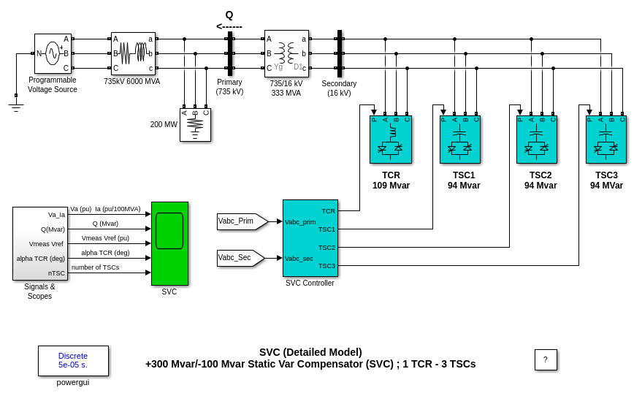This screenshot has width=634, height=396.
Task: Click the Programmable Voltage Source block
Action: [53, 53]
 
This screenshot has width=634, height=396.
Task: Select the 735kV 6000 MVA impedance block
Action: [133, 53]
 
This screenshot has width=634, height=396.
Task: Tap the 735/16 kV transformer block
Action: [286, 53]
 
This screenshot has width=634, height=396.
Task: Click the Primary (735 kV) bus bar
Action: [230, 53]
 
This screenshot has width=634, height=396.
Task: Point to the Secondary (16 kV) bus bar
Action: [340, 53]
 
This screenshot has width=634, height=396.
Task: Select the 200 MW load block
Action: [195, 125]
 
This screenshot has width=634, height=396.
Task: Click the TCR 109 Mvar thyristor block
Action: [391, 140]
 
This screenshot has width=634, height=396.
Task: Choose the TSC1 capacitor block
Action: [460, 140]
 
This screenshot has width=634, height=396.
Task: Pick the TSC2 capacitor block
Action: [537, 140]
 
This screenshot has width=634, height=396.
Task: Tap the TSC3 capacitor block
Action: [606, 140]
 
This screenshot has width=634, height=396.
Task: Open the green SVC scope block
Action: [169, 243]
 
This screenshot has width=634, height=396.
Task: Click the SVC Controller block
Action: [310, 238]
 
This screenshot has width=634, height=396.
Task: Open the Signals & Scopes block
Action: [40, 243]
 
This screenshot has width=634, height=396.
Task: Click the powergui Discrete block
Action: [73, 361]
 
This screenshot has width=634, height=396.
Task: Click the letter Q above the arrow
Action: [229, 15]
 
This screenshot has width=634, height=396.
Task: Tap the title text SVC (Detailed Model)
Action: [310, 352]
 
